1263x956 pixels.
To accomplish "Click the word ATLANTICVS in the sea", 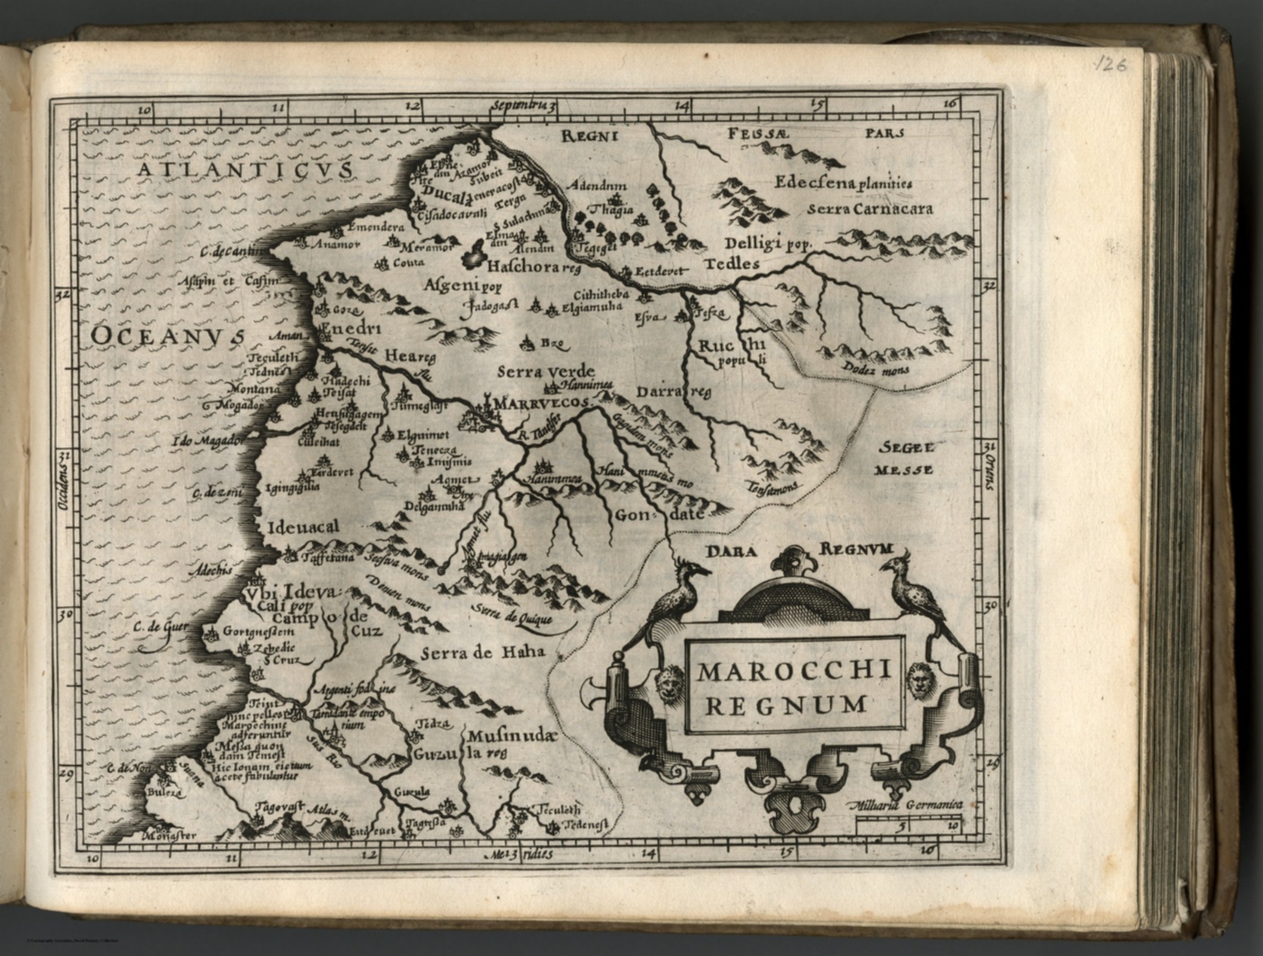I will pos(245,170).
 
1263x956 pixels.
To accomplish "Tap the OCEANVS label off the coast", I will pos(168,336).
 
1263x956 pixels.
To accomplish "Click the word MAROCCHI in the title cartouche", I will pos(794,672).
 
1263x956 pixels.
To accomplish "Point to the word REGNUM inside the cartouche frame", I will pos(794,704).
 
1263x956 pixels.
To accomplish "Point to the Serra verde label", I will pos(545,371).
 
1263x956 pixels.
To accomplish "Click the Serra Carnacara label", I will pos(870,209).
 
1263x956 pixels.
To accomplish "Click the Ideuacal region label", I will pos(303,527).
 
